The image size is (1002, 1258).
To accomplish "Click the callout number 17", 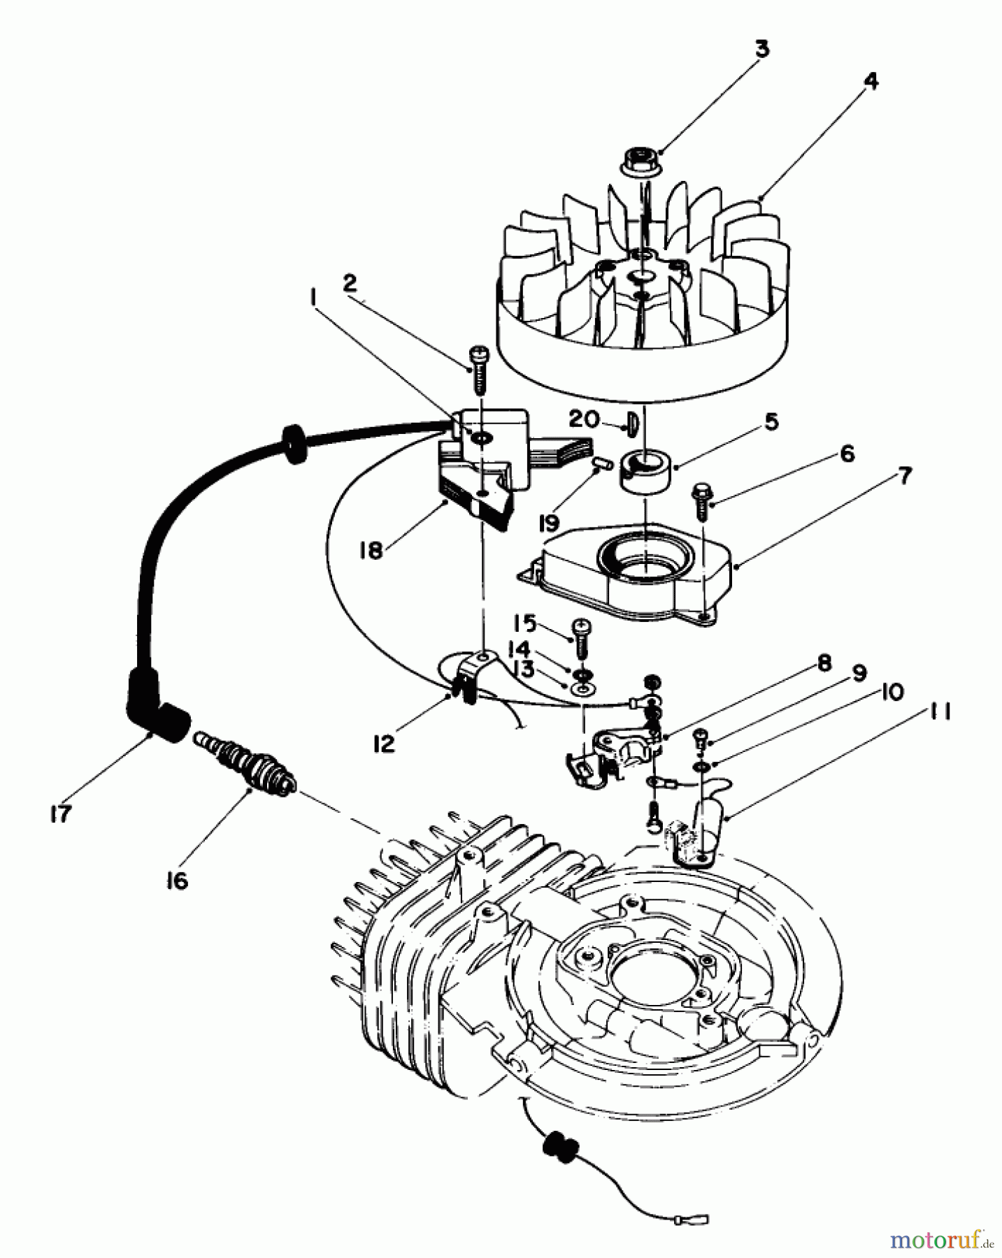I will pos(60,814).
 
